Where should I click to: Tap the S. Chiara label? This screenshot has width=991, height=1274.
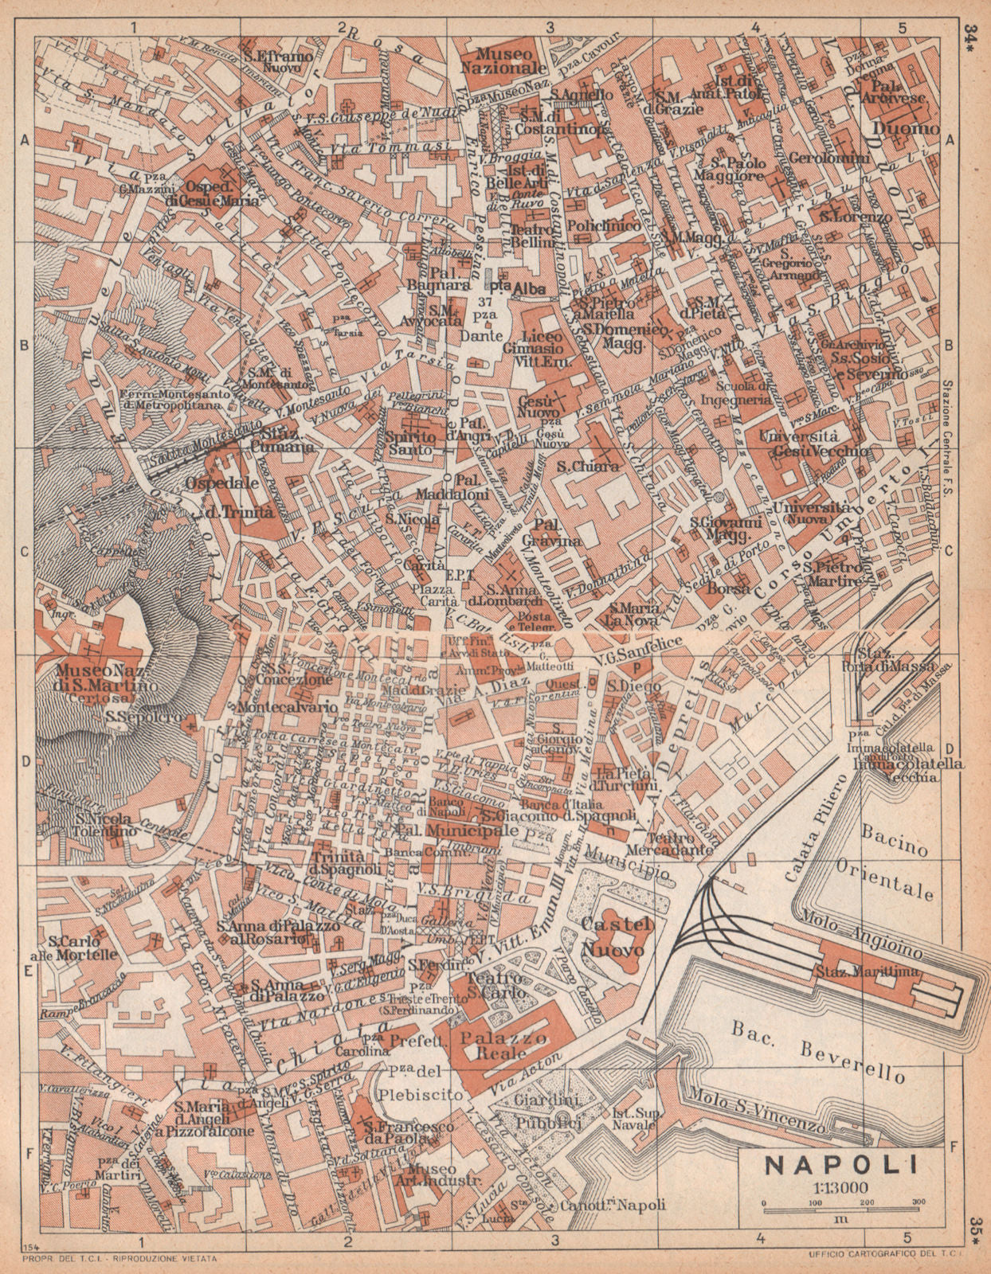click(589, 467)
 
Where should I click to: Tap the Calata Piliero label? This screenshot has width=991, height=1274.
click(813, 827)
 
